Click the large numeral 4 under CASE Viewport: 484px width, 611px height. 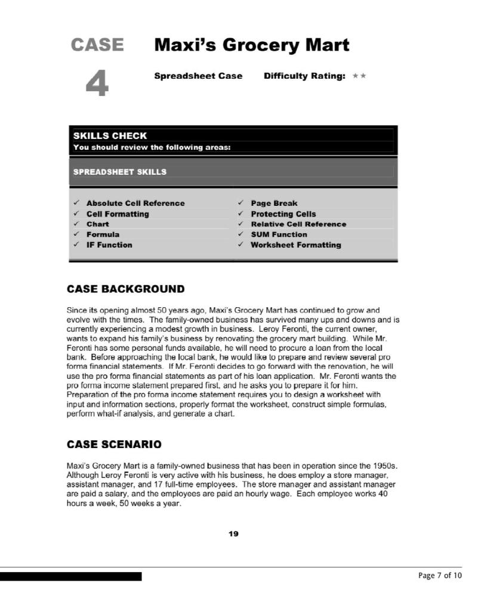click(x=97, y=83)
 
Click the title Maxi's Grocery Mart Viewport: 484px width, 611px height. click(x=251, y=45)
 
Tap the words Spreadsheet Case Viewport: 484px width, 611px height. click(x=198, y=76)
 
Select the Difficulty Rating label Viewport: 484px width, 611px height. click(x=304, y=76)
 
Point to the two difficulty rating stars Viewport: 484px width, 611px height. click(x=359, y=76)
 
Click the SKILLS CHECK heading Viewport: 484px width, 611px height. click(x=110, y=135)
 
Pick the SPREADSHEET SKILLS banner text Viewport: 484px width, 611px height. click(x=119, y=172)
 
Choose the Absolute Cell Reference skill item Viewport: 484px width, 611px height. click(x=135, y=203)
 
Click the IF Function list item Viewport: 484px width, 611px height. click(x=109, y=245)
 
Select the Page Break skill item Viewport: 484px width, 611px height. click(x=273, y=203)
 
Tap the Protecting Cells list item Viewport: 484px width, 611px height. click(x=283, y=214)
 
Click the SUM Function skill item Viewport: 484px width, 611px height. click(x=279, y=234)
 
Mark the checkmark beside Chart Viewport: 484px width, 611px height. click(x=76, y=224)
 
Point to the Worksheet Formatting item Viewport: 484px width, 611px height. click(x=295, y=245)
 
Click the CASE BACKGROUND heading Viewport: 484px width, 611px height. click(x=125, y=289)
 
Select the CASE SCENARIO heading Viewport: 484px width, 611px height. click(x=113, y=445)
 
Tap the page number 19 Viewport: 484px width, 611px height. click(x=233, y=533)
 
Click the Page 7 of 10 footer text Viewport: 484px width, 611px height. click(x=439, y=576)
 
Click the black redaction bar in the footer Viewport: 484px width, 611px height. click(x=70, y=576)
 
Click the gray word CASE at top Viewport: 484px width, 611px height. click(x=97, y=45)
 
